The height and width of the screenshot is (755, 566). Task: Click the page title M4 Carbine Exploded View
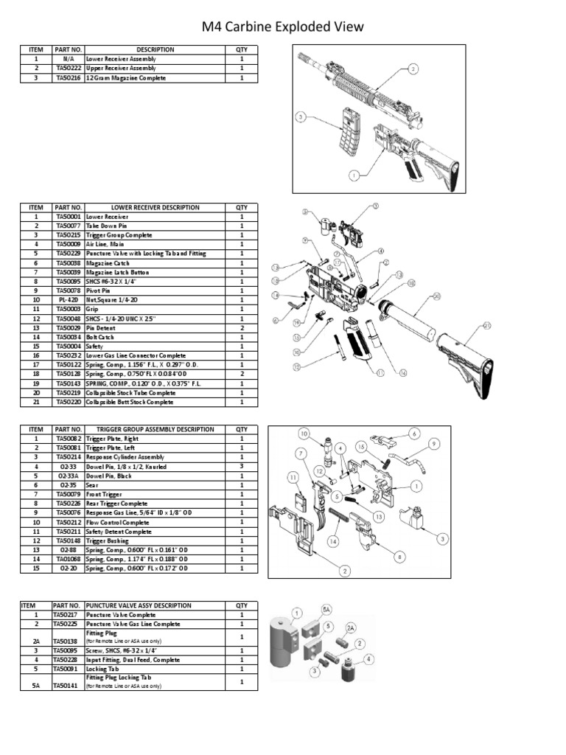click(283, 27)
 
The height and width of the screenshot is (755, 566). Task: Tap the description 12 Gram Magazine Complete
click(126, 77)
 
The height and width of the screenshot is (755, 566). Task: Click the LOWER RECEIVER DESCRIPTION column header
click(155, 208)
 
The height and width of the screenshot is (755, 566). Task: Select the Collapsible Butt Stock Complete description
click(130, 403)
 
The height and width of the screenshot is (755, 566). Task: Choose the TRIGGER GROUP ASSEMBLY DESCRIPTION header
click(155, 429)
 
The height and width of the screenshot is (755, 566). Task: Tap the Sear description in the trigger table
click(93, 485)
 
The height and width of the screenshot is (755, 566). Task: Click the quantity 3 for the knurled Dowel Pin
click(242, 467)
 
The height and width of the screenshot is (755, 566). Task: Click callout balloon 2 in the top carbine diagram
click(413, 69)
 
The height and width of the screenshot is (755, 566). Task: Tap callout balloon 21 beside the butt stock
click(486, 325)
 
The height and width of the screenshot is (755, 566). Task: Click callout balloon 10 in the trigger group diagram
click(303, 434)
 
